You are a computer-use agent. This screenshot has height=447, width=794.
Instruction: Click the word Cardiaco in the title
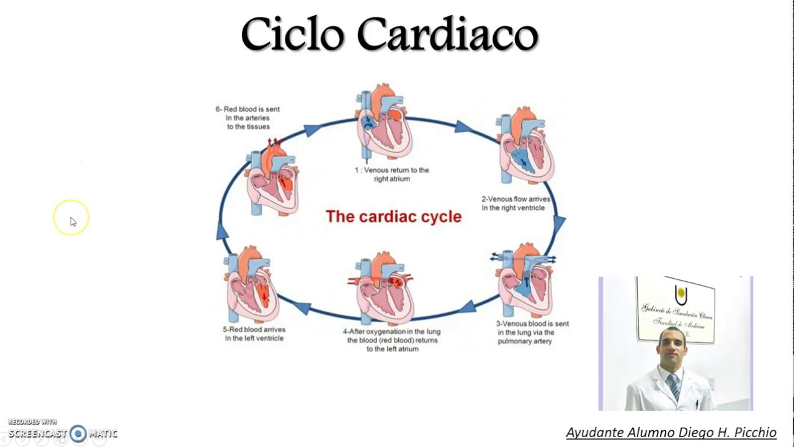point(447,34)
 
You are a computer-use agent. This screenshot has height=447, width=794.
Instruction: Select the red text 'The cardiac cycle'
point(393,217)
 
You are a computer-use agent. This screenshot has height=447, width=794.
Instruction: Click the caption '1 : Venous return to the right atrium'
point(391,174)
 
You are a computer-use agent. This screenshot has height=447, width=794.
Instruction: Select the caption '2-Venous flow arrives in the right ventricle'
point(515,204)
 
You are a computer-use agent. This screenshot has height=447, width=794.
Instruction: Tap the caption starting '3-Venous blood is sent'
point(532,332)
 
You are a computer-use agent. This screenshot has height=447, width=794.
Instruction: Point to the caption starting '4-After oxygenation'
point(391,340)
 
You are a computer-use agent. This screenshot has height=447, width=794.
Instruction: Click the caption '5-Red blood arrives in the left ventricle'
point(254,334)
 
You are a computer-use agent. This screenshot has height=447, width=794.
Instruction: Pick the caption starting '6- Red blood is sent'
point(248,118)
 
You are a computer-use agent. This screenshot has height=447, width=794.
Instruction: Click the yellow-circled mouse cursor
point(72,220)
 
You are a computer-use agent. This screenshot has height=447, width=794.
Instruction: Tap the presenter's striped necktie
point(674,386)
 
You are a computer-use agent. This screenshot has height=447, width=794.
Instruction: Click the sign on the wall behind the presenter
point(675,309)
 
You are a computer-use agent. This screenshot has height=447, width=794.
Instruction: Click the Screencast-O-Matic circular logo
point(78,433)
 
